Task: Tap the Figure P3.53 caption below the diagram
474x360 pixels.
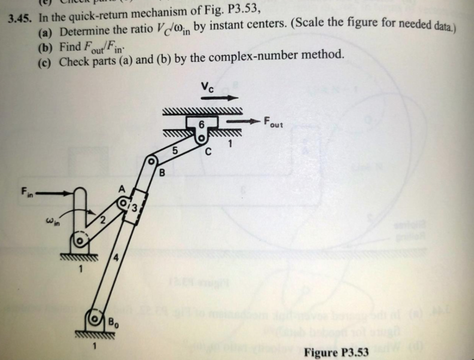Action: pos(336,353)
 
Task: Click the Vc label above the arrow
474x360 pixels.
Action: pos(207,87)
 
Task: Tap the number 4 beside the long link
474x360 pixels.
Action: pos(117,259)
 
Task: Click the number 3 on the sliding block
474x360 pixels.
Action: pos(134,207)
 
